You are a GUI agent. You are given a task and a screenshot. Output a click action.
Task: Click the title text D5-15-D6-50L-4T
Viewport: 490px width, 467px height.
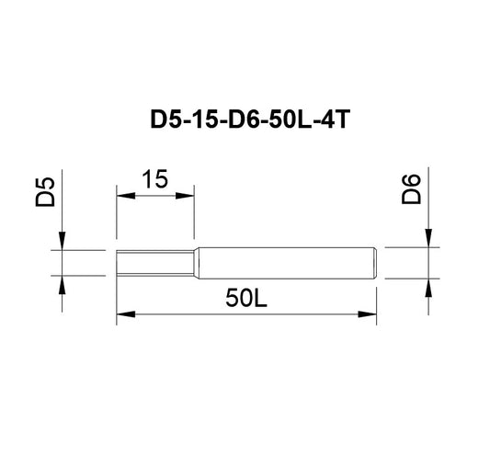pyautogui.click(x=250, y=120)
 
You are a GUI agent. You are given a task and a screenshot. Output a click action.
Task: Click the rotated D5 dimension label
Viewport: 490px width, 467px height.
pyautogui.click(x=45, y=192)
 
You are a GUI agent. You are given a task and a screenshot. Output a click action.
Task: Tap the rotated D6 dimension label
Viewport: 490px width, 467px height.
pyautogui.click(x=411, y=189)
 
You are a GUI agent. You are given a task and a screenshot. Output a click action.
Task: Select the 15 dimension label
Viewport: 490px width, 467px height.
pyautogui.click(x=155, y=179)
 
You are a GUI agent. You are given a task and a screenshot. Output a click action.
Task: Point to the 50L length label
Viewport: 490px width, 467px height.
pyautogui.click(x=246, y=298)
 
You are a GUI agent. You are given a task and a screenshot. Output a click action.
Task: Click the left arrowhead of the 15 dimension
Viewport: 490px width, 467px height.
pyautogui.click(x=126, y=196)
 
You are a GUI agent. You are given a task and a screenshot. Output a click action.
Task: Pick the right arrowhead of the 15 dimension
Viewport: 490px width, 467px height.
pyautogui.click(x=185, y=196)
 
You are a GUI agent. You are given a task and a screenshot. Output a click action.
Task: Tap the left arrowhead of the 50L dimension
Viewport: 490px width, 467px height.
pyautogui.click(x=126, y=314)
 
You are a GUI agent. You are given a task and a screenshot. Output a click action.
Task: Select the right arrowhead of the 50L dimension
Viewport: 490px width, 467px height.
pyautogui.click(x=367, y=314)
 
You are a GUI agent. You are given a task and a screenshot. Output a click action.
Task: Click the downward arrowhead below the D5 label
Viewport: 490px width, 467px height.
pyautogui.click(x=62, y=241)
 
